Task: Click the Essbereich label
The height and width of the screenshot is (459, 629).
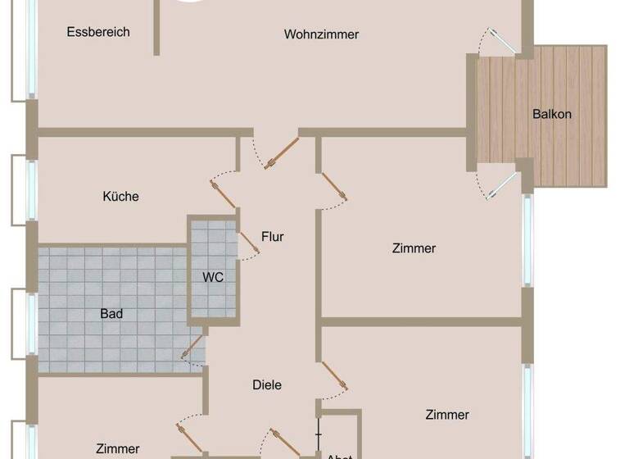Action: click(99, 32)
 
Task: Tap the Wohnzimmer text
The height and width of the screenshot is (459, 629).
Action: click(322, 34)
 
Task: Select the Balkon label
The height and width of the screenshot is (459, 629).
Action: click(552, 114)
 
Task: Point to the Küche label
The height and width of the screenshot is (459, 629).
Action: click(120, 197)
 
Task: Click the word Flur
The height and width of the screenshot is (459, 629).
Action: click(273, 237)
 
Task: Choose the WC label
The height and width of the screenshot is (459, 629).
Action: click(213, 277)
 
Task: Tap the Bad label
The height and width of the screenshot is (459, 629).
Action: click(111, 313)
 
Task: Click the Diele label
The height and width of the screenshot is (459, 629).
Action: click(267, 384)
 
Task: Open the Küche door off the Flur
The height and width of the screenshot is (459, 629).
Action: click(224, 193)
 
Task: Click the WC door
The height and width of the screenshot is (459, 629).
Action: click(249, 243)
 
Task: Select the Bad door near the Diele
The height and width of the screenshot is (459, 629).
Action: click(193, 348)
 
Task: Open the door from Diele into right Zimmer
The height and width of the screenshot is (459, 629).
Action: click(333, 376)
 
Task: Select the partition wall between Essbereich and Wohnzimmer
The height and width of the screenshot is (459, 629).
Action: click(156, 28)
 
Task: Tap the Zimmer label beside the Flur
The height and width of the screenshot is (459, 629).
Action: click(414, 248)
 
